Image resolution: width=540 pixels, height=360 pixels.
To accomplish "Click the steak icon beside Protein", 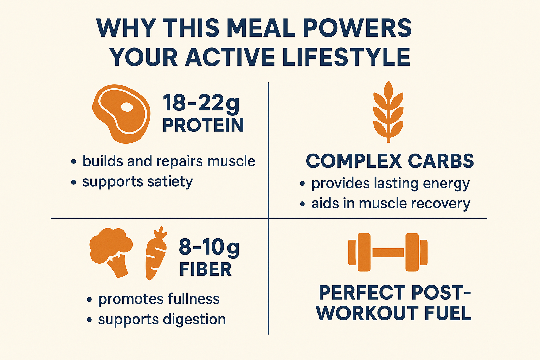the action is pos(122,114).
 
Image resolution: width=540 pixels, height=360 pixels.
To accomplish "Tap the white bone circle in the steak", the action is pos(127,107).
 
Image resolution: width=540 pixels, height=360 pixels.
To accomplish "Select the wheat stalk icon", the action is pos(388,112).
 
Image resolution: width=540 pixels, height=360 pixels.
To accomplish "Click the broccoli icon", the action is pos(111,252).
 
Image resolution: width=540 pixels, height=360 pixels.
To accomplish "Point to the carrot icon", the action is pos(156,253).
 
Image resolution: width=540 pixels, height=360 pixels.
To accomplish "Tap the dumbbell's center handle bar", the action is pos(388,252).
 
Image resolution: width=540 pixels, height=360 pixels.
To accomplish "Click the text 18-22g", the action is pos(201,103).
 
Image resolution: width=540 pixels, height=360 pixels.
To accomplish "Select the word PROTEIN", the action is pos(203,125).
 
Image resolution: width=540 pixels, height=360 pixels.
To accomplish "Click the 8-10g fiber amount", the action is pos(209,247).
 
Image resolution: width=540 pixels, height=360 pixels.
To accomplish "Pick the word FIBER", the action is pos(205,269).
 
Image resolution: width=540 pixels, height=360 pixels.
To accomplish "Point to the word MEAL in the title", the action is pos(261,28).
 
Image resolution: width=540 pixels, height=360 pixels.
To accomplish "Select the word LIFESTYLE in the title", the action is pos(346,57).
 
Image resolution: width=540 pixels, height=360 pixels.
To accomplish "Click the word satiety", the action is pos(170,181).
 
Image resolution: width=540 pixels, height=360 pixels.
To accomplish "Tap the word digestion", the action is pos(194,320).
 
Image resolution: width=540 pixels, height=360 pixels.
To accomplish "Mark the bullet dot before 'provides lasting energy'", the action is pos(302,184).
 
